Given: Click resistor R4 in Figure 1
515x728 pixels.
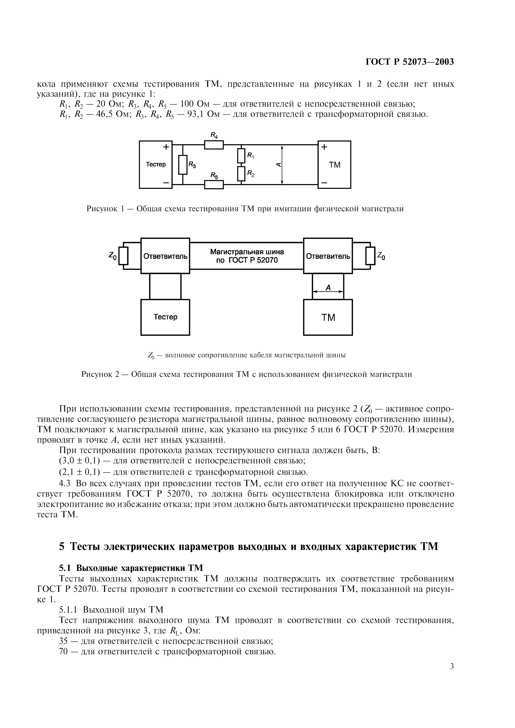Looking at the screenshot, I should point(214,145).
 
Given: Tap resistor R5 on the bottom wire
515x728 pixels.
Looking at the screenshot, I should point(214,184).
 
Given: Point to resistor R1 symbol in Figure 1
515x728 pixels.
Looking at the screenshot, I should point(241,156).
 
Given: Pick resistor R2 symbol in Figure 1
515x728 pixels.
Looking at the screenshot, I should point(241,174).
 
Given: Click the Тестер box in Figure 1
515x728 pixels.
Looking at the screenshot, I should point(155,165).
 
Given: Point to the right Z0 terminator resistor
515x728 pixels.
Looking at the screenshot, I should point(370,255).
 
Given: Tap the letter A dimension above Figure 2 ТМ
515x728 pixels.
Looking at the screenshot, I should point(328,288).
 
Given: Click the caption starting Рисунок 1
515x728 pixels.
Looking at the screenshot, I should point(245,209).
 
